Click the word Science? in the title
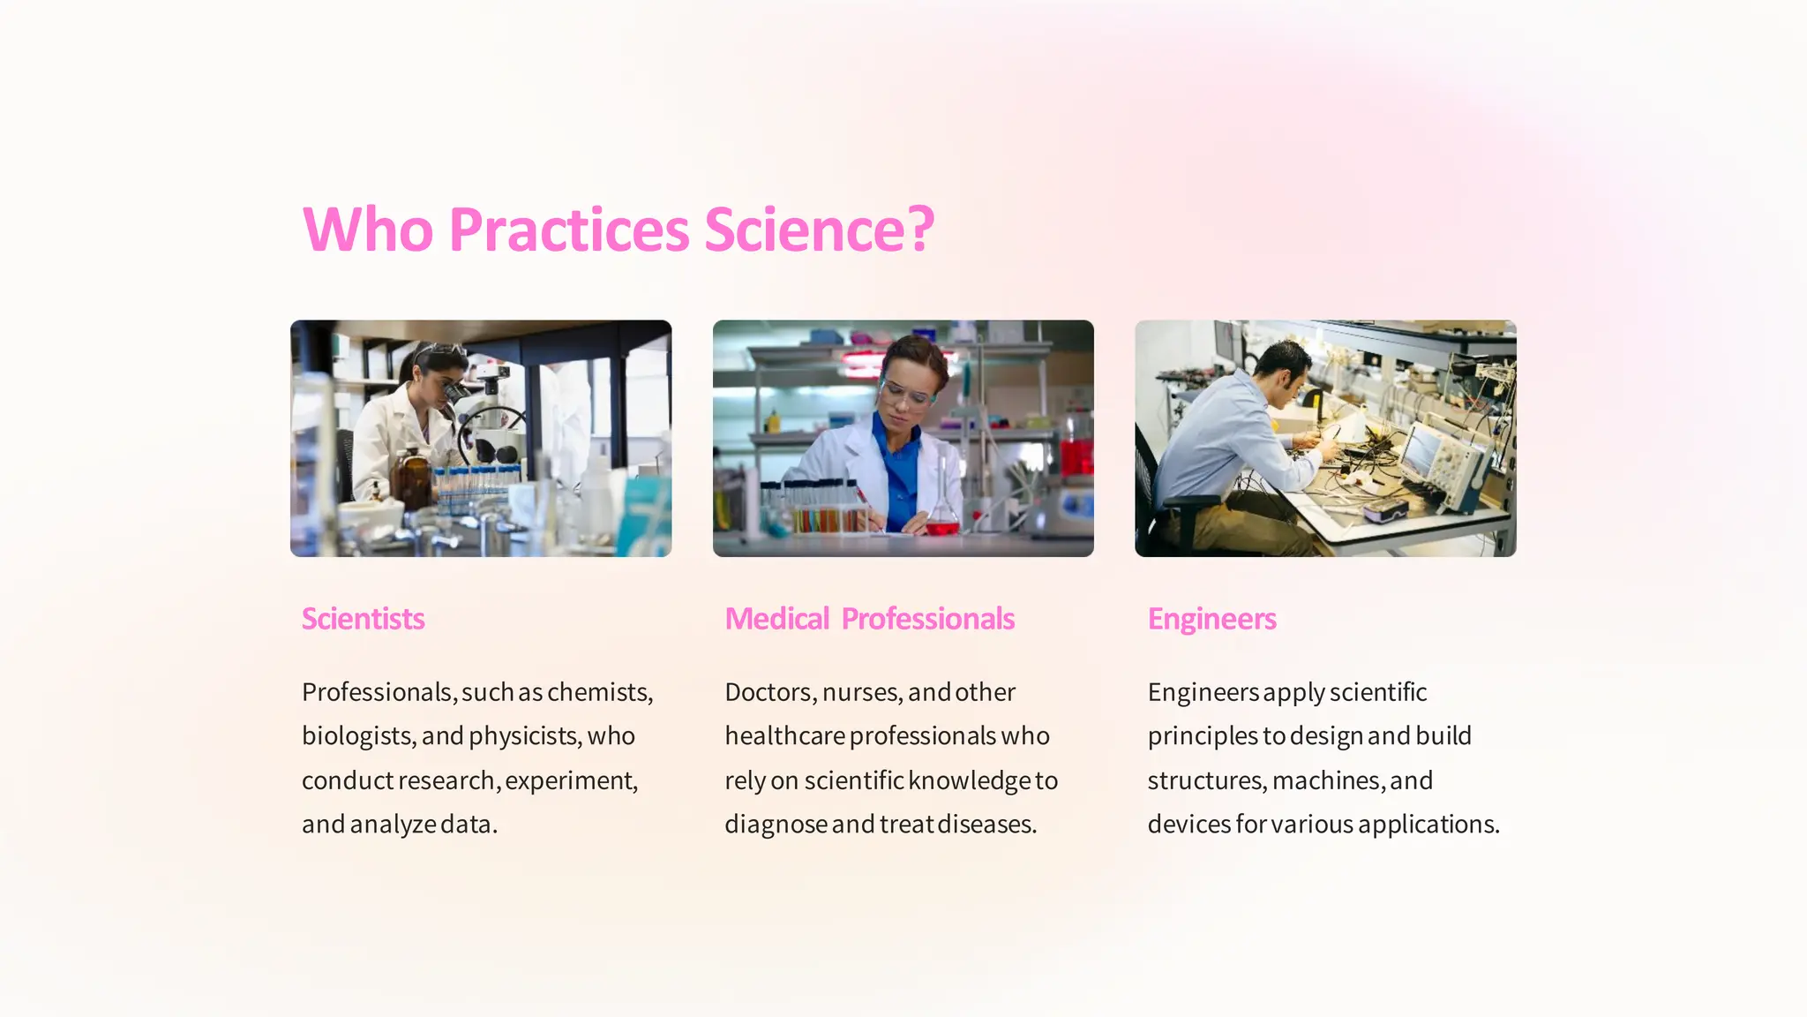click(x=819, y=230)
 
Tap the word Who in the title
click(x=368, y=230)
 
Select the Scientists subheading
click(x=363, y=619)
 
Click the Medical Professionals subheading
click(x=869, y=619)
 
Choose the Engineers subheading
click(x=1211, y=619)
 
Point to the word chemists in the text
click(x=600, y=692)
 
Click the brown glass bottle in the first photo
click(x=410, y=481)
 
